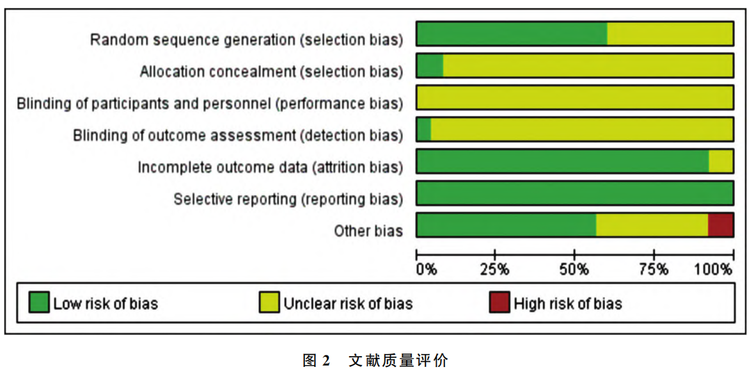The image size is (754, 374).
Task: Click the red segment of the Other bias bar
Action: (720, 225)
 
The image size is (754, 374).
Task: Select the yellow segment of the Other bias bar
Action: (652, 225)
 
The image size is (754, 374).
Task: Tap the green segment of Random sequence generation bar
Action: (512, 33)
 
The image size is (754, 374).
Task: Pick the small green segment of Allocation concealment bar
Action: (430, 65)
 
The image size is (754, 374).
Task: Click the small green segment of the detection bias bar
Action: (423, 129)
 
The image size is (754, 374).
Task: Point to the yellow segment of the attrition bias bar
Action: (721, 161)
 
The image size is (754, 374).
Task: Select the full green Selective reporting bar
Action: (574, 193)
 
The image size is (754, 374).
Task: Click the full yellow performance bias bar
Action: (574, 97)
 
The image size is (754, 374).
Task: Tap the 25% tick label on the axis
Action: (495, 270)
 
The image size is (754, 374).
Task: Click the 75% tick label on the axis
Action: (654, 270)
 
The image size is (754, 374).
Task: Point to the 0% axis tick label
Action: (426, 270)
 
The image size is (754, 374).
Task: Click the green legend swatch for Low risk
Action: (39, 302)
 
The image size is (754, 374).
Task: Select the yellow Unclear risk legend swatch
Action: (269, 302)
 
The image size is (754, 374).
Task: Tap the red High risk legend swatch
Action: (499, 302)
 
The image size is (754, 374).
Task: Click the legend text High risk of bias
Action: (567, 303)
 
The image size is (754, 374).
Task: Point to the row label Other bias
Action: (368, 231)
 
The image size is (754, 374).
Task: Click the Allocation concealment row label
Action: (271, 71)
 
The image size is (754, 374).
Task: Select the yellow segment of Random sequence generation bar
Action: (670, 33)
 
